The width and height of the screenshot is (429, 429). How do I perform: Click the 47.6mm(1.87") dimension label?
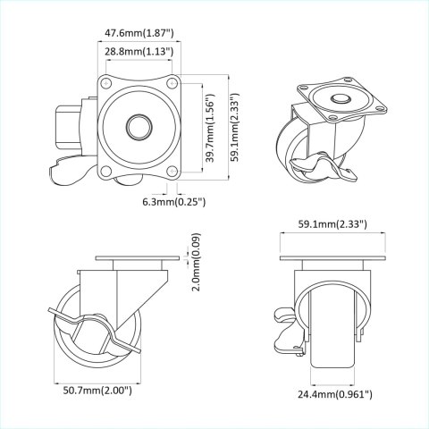139,33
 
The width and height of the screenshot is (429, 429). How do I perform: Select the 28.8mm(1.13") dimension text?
139,52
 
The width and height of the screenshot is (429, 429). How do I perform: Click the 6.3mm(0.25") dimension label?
174,202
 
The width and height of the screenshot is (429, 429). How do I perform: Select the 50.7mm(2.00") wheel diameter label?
98,390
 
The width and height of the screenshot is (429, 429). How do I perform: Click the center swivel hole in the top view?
139,126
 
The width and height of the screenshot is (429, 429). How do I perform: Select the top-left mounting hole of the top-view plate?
107,87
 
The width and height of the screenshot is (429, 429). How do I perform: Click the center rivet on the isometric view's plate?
341,100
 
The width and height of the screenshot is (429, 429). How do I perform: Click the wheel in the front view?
332,340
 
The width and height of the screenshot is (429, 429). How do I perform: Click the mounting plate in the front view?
332,260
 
